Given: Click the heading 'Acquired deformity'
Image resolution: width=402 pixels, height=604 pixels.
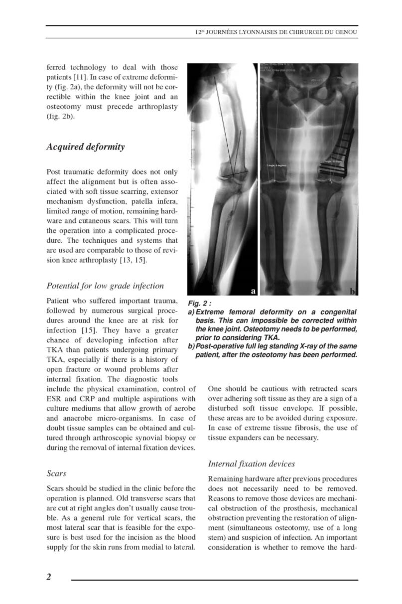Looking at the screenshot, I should pyautogui.click(x=85, y=147).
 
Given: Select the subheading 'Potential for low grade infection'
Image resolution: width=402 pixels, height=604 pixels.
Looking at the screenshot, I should pyautogui.click(x=105, y=286).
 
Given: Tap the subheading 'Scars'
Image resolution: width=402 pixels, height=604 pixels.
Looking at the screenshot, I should pyautogui.click(x=56, y=473).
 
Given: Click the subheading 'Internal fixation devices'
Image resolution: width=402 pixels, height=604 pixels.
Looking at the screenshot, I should pyautogui.click(x=251, y=464).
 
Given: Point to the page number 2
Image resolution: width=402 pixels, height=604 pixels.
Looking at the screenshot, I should pyautogui.click(x=49, y=577).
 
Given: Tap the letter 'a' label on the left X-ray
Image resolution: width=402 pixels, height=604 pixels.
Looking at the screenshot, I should pyautogui.click(x=253, y=291).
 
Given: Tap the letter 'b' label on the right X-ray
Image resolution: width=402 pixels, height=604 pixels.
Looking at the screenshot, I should pyautogui.click(x=353, y=291).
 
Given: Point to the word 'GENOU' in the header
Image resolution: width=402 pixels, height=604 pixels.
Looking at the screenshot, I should pyautogui.click(x=347, y=32).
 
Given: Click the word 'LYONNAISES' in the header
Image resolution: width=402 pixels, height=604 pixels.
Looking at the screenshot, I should pyautogui.click(x=253, y=32).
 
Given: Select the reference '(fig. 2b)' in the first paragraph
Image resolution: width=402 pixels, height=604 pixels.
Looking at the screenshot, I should pyautogui.click(x=59, y=118).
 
